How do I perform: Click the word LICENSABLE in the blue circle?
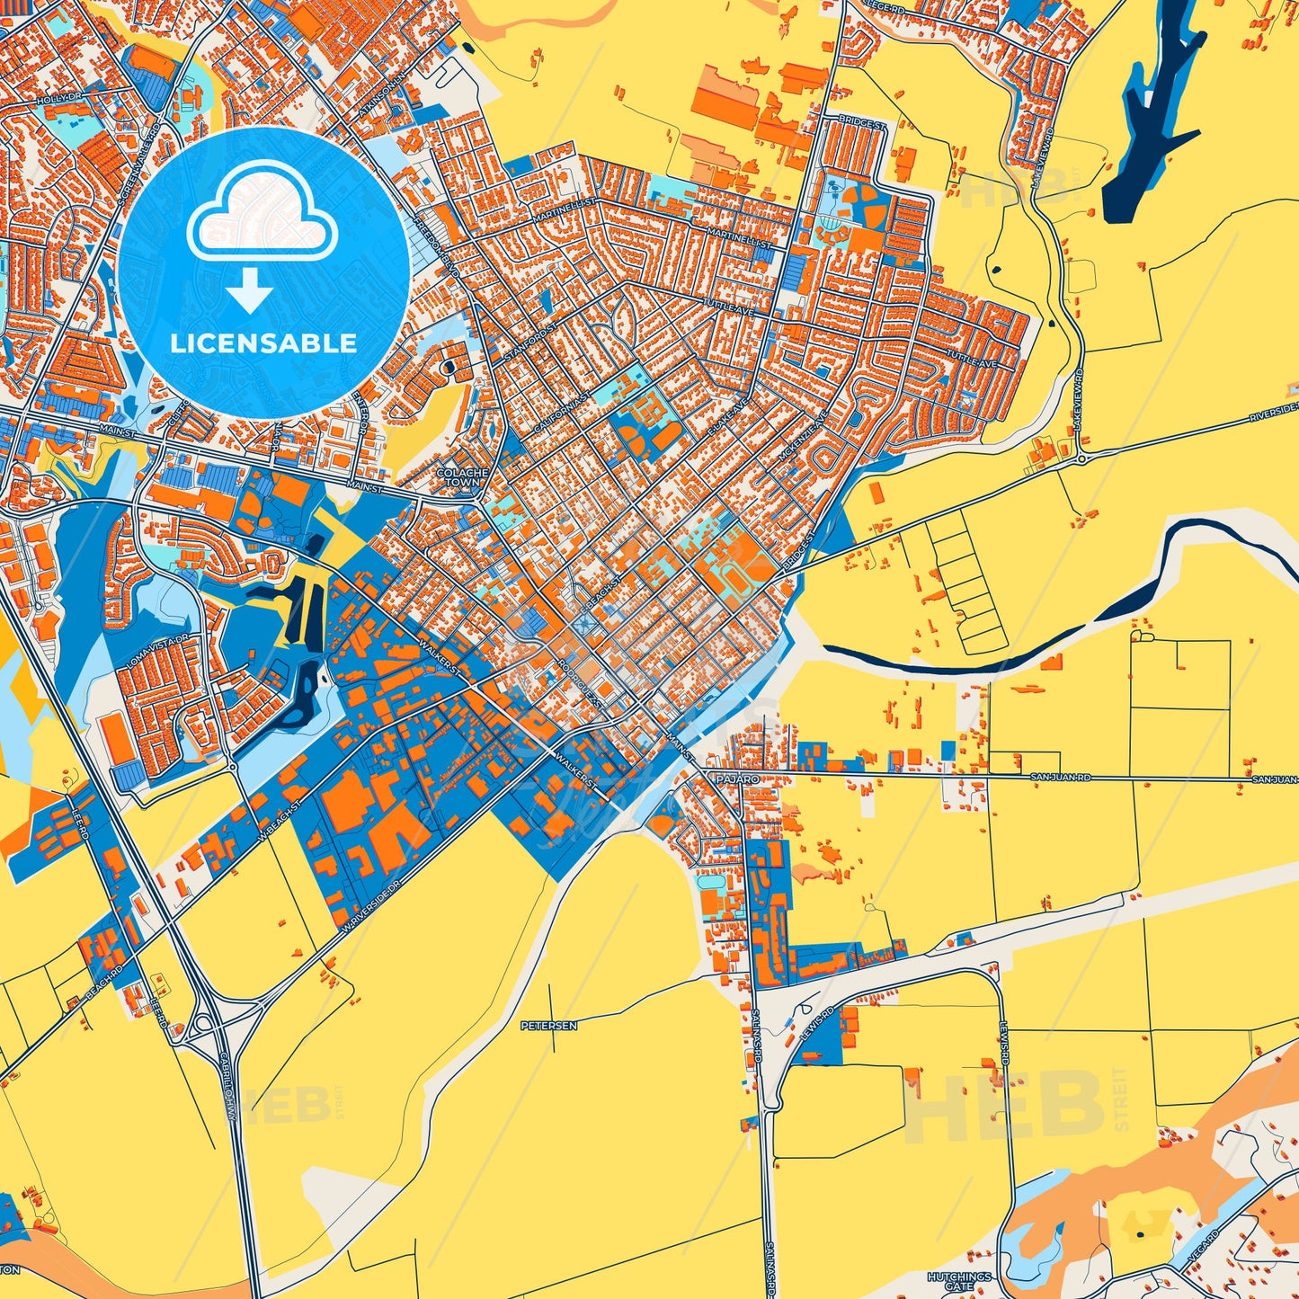click(263, 343)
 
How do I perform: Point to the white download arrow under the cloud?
click(250, 289)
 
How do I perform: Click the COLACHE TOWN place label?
click(462, 477)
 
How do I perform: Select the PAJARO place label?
click(738, 779)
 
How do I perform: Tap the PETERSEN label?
click(548, 1025)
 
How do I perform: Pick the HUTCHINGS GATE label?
click(959, 1281)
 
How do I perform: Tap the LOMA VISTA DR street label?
click(157, 650)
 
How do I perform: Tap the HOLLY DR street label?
click(58, 100)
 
